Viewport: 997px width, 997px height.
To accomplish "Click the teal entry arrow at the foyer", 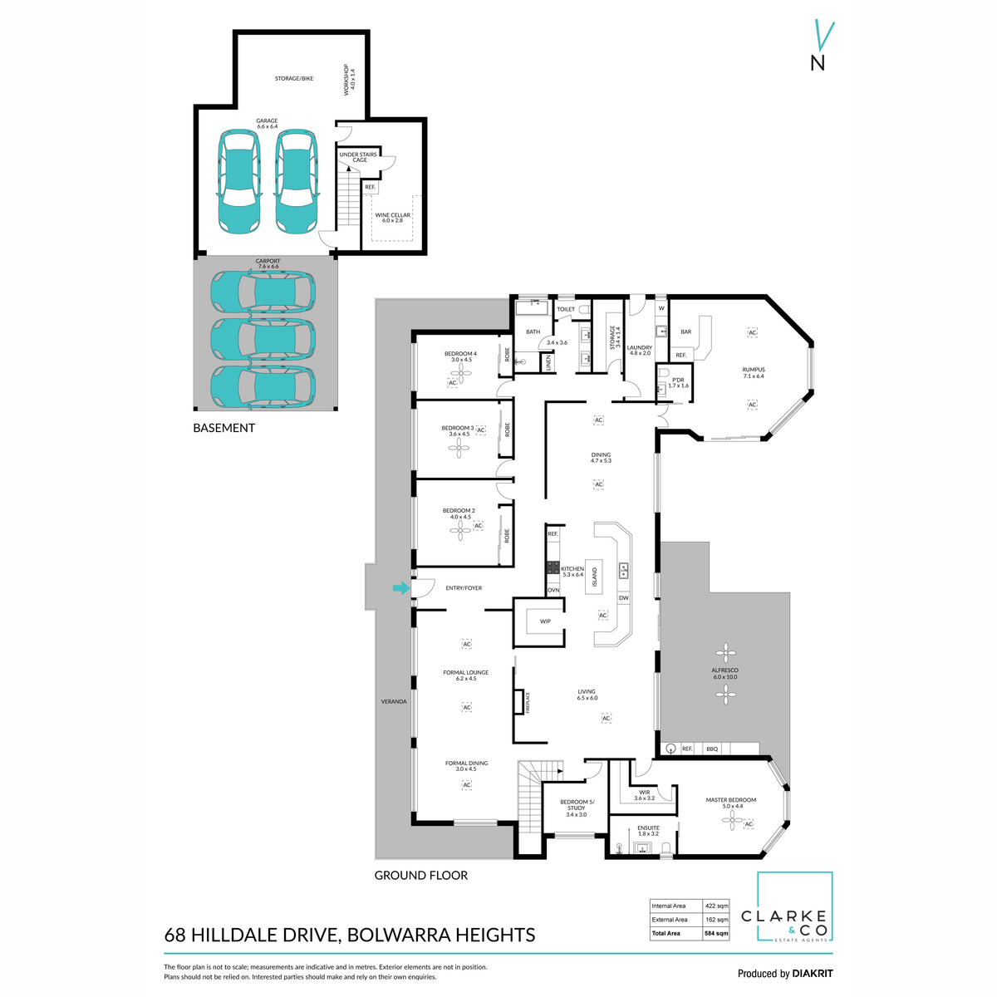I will point(400,588).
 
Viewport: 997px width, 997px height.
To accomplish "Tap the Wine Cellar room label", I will point(393,218).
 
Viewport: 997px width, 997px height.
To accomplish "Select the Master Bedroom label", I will point(731,803).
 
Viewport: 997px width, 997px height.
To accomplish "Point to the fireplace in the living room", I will point(520,702).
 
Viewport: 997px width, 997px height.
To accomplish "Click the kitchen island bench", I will point(595,572).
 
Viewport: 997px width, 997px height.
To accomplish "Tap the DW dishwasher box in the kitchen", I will point(623,598).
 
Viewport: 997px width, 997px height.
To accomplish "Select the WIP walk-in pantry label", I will point(546,621).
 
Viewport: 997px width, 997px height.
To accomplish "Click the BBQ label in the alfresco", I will point(712,749).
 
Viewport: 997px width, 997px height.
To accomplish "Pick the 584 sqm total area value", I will point(716,933).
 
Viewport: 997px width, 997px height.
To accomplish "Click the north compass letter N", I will point(818,62).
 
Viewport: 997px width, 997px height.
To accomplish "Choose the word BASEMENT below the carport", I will point(223,428).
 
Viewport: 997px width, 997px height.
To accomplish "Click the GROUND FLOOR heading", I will point(420,875).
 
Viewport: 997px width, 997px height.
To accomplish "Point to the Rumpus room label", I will point(754,373).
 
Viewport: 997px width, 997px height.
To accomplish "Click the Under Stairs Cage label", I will point(358,157).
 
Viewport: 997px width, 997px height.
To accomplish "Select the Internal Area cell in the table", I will point(669,906).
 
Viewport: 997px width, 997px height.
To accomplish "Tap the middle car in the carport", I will point(263,337).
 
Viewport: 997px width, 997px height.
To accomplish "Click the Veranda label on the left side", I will point(394,701).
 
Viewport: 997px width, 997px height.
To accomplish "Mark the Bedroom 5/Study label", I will point(577,805).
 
